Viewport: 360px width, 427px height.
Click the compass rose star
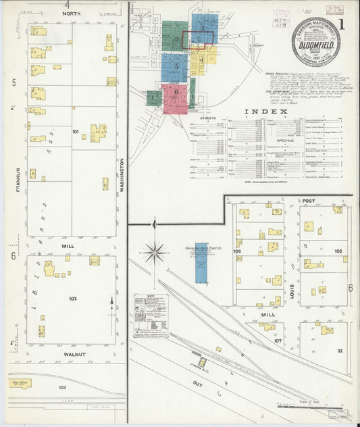coord(155,253)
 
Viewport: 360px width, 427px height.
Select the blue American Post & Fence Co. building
coord(201,263)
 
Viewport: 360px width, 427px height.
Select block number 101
coord(76,131)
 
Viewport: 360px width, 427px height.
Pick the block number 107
coord(277,340)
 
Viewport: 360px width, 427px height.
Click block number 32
coord(340,350)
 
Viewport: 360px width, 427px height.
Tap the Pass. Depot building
coord(20,383)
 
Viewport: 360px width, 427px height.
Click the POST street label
coord(309,201)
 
